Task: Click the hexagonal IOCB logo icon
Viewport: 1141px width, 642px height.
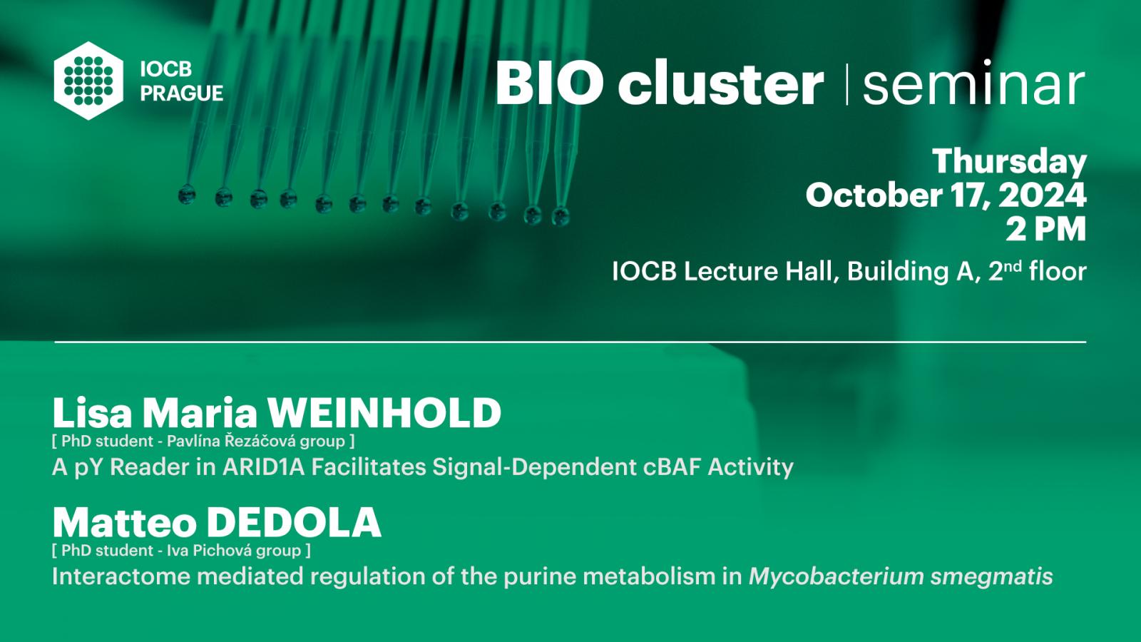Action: click(88, 81)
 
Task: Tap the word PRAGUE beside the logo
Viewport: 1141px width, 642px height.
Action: click(182, 93)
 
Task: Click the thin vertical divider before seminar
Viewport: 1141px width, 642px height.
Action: click(846, 85)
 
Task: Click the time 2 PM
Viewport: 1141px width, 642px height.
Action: click(1046, 229)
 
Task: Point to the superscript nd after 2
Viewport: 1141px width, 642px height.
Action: click(1013, 267)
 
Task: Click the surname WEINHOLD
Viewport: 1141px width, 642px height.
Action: click(385, 413)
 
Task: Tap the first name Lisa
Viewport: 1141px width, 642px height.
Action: click(92, 413)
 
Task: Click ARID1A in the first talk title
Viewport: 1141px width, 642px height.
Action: click(263, 467)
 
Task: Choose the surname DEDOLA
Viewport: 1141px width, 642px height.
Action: click(294, 523)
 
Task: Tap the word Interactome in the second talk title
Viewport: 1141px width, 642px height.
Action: click(121, 576)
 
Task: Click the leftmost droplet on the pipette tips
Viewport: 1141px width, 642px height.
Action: click(187, 194)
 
